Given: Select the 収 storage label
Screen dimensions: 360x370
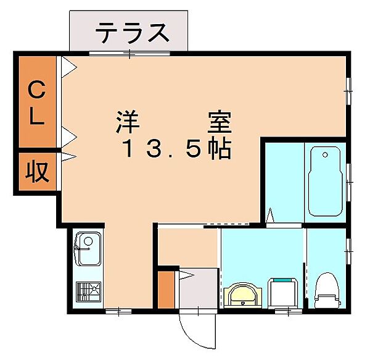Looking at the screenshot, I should point(37,171).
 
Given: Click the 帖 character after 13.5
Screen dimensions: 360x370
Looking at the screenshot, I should point(220,149).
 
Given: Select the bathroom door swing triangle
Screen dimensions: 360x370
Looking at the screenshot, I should point(269,216).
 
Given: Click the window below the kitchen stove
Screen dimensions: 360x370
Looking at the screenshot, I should point(114,311).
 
